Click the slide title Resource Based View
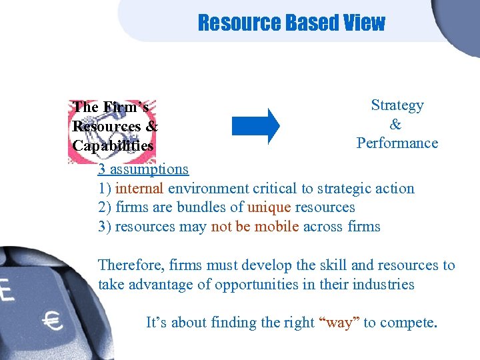(x=291, y=23)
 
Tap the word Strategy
(x=397, y=105)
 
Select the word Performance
(x=397, y=143)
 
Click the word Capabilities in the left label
(x=113, y=145)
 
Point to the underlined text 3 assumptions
(x=143, y=169)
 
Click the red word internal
(x=140, y=189)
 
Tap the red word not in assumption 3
(x=221, y=227)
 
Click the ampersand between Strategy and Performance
(x=396, y=125)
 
